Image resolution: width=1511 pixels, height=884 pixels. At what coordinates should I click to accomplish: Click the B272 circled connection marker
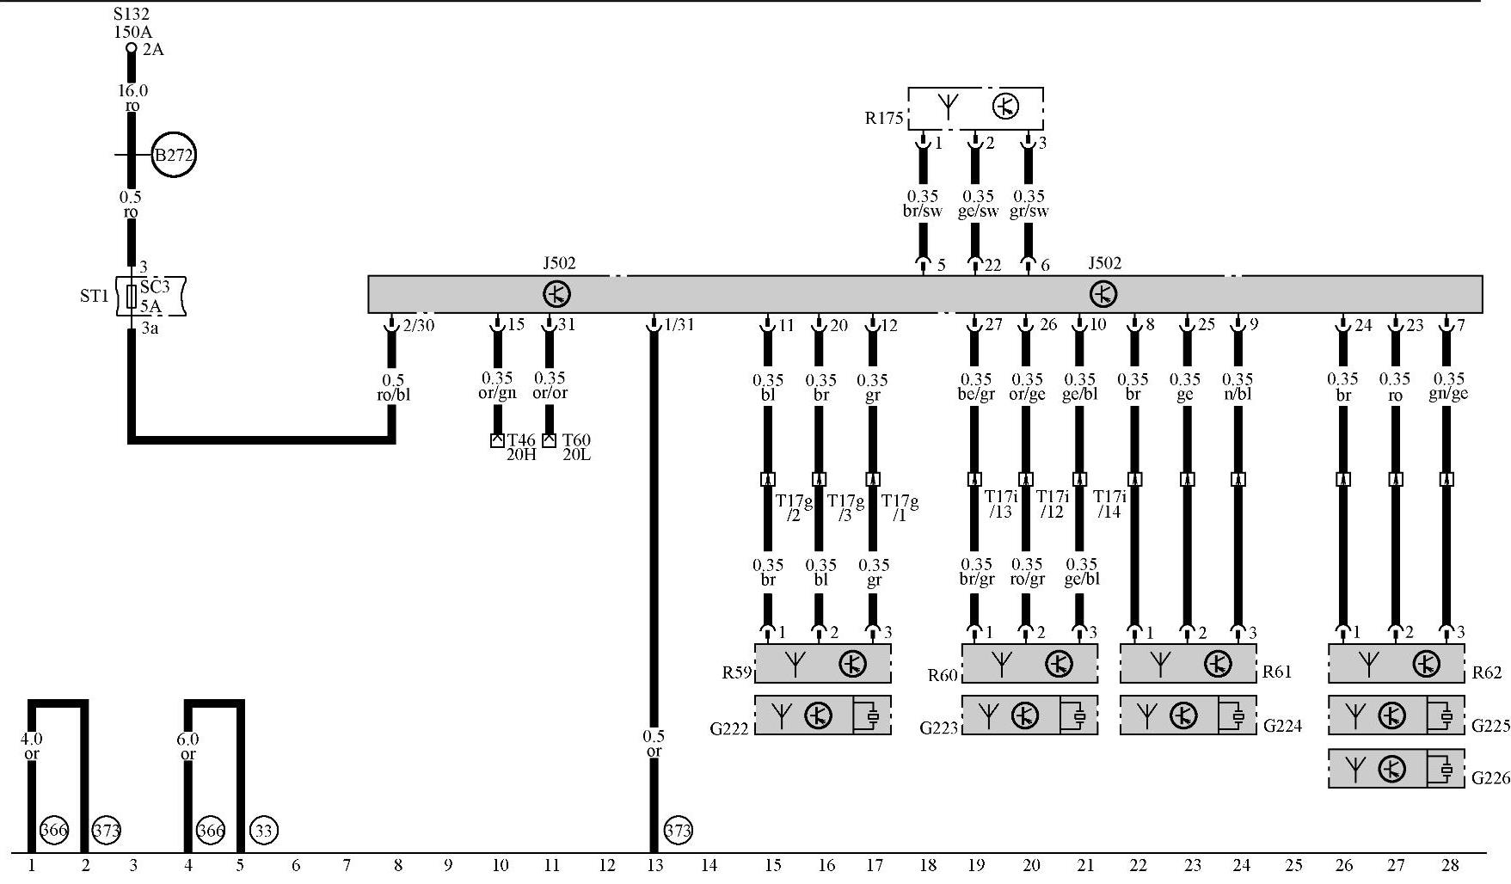173,156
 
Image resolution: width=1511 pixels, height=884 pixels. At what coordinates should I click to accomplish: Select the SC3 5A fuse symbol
132,297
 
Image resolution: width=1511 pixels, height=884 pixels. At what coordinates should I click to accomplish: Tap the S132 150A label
132,23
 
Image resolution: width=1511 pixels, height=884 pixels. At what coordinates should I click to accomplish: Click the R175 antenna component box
975,107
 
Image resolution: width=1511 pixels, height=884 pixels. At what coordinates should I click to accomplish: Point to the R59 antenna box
823,664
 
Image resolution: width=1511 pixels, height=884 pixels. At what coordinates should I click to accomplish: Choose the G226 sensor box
1396,769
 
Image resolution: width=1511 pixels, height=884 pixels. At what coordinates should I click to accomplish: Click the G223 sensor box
1029,715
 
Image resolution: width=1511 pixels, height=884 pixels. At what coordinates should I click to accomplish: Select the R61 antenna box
1188,664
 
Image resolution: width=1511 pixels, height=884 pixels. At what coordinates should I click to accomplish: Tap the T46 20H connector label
521,447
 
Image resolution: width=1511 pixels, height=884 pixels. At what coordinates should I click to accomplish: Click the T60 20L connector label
576,447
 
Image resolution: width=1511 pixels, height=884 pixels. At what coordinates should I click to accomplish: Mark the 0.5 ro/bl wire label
393,387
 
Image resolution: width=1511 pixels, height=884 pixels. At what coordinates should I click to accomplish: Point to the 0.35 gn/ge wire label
1448,386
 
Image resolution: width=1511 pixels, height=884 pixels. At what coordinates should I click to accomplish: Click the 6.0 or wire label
187,746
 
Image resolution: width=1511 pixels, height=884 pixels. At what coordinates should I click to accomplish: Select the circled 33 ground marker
263,830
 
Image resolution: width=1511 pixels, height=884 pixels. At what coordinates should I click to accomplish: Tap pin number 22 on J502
992,266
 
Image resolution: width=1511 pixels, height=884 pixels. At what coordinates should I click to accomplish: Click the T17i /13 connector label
1000,504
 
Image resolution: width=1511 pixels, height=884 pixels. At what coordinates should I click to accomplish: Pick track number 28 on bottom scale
1450,865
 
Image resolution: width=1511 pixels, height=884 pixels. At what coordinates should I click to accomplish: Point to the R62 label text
1486,672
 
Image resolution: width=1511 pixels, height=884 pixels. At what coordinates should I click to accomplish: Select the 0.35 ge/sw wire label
978,204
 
